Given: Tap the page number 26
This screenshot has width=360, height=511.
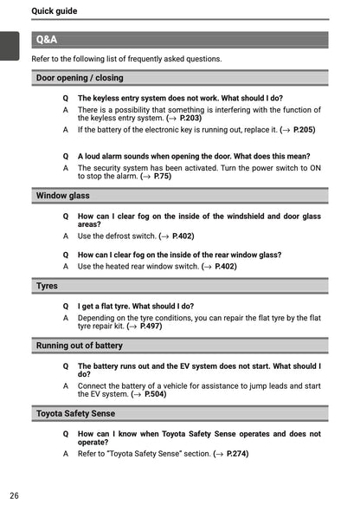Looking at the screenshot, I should pyautogui.click(x=15, y=495).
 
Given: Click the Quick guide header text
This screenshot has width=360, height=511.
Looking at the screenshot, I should pyautogui.click(x=54, y=11).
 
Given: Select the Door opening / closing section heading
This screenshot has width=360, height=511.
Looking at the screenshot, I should pyautogui.click(x=79, y=78).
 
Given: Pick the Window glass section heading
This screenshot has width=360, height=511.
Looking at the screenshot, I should pyautogui.click(x=62, y=196).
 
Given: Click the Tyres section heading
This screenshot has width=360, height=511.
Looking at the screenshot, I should pyautogui.click(x=47, y=286).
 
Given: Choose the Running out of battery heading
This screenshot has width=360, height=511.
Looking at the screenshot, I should pyautogui.click(x=79, y=346).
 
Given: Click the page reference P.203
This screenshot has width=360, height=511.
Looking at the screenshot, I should pyautogui.click(x=190, y=119).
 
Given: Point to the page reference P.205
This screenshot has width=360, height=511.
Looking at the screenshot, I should pyautogui.click(x=304, y=130).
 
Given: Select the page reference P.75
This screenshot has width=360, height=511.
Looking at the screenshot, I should pyautogui.click(x=162, y=176).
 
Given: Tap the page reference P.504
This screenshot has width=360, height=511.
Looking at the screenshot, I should pyautogui.click(x=155, y=394).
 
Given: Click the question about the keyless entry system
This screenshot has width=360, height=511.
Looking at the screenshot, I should pyautogui.click(x=180, y=99).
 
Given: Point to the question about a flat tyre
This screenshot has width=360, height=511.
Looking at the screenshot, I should pyautogui.click(x=135, y=307).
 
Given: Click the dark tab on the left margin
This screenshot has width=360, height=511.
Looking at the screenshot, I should pyautogui.click(x=10, y=45).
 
